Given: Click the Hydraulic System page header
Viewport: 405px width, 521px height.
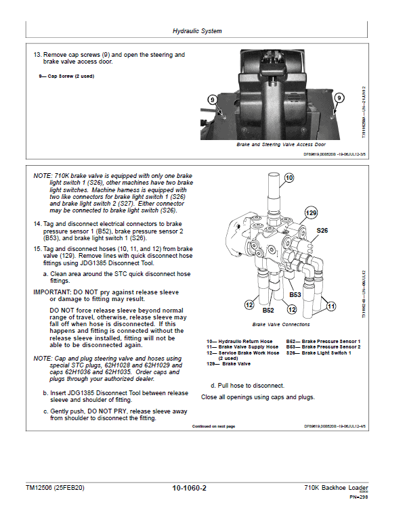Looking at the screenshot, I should click(x=197, y=31).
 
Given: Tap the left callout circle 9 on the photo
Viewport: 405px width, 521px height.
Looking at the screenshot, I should click(x=212, y=99).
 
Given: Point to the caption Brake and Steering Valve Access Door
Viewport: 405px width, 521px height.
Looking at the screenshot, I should click(x=280, y=145).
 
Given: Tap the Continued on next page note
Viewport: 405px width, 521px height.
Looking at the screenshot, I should click(x=213, y=426).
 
